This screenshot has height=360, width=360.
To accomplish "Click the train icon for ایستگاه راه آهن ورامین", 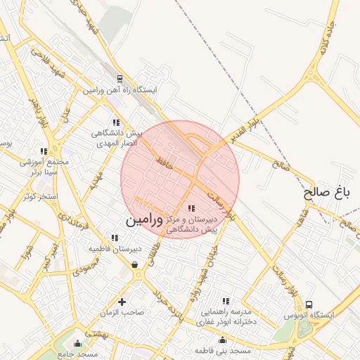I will click(x=120, y=79).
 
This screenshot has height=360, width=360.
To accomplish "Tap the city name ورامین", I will click(x=144, y=221).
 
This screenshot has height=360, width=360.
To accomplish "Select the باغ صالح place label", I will click(x=327, y=191).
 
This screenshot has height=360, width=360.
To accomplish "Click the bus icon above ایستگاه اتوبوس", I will click(x=309, y=304).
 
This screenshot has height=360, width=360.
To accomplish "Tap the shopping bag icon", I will click(x=134, y=265).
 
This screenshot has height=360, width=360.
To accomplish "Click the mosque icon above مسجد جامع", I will click(x=77, y=343).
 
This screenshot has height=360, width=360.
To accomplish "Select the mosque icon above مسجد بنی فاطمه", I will click(x=225, y=340).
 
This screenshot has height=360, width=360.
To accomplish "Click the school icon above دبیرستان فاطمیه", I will click(x=115, y=238).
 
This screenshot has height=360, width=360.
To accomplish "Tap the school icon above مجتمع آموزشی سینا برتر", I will click(x=44, y=151).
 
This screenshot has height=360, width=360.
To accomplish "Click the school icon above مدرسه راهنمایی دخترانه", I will click(x=225, y=300).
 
